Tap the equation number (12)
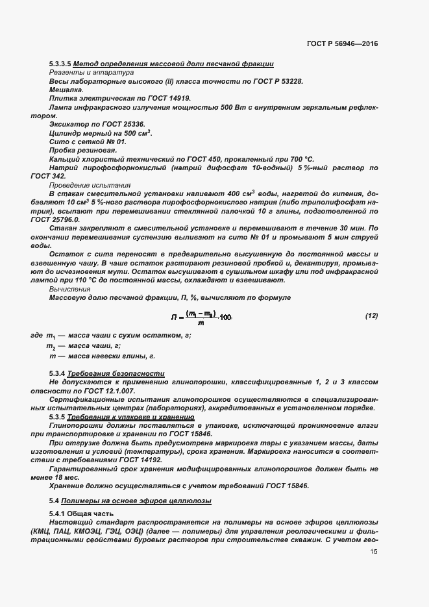coord(371,316)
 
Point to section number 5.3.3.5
coord(60,64)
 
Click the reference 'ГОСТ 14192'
coord(141,459)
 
